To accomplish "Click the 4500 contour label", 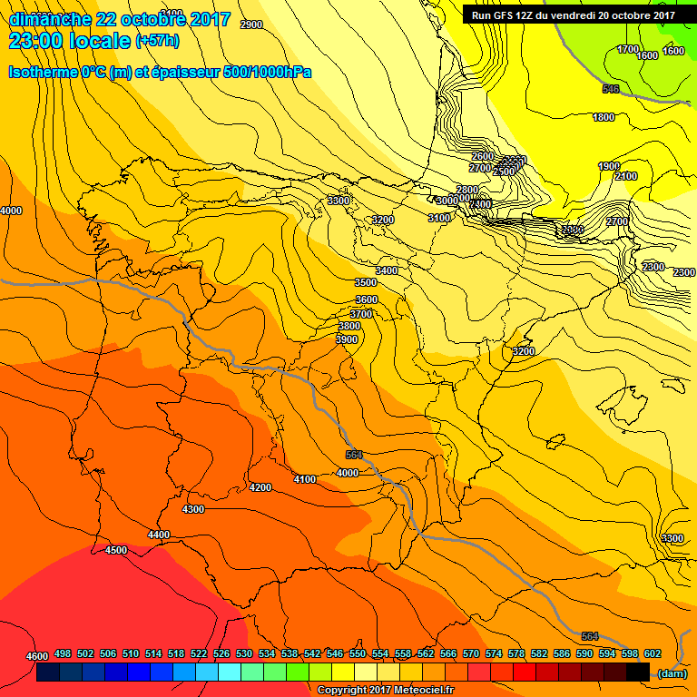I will [x=116, y=551].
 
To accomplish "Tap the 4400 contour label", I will [x=159, y=535].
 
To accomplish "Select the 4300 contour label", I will [x=193, y=509].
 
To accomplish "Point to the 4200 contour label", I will [x=260, y=487].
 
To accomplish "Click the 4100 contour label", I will [x=306, y=479].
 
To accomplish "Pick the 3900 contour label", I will [x=348, y=339].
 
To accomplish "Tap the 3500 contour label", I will [x=366, y=283].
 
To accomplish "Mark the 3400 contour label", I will [x=388, y=270].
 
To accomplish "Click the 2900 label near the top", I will [x=251, y=25].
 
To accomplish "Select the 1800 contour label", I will [x=604, y=117].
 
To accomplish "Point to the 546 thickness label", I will [x=611, y=89].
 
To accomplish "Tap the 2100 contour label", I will [x=626, y=176].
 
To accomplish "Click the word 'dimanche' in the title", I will [x=51, y=19].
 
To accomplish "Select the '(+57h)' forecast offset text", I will [x=158, y=41].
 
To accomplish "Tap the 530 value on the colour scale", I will [x=244, y=653].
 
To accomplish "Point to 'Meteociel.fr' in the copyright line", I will [x=419, y=691].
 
